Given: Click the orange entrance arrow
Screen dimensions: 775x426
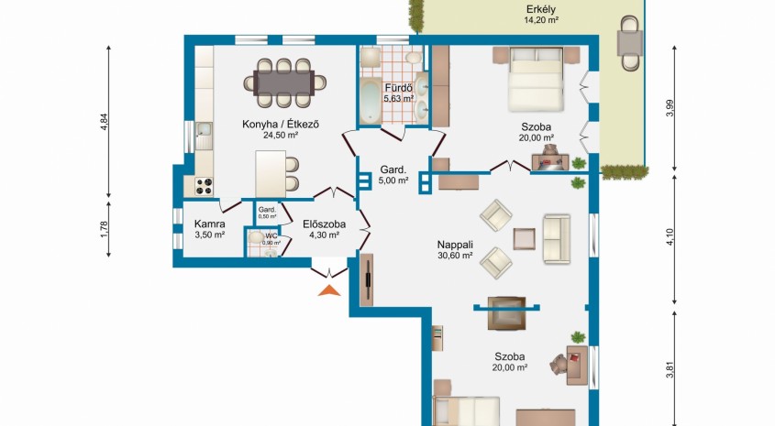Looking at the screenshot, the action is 329,290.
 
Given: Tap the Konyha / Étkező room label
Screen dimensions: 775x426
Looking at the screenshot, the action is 281,124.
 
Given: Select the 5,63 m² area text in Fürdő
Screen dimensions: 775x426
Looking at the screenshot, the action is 399,98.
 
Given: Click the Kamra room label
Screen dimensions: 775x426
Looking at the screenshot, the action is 209,224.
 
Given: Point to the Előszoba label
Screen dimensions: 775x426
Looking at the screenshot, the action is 325,224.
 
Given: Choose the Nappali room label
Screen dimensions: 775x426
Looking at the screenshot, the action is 455,245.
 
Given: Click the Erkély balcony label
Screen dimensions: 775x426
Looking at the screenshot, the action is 541,9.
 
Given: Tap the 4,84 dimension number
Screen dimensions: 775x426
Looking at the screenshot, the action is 104,122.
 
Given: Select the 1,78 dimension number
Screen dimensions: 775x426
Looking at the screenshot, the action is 104,229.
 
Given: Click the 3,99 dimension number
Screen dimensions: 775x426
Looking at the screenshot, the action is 670,108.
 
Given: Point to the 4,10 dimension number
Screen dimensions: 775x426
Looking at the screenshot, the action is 670,237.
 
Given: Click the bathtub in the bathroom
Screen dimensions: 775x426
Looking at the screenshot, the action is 371,103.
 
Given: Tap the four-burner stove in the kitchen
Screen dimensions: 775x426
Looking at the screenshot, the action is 204,186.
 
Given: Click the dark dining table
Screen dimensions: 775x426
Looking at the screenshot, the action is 284,82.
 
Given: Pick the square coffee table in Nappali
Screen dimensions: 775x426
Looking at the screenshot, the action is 524,239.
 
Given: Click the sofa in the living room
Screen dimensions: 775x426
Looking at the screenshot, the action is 557,239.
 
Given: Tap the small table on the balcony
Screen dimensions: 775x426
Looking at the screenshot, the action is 630,43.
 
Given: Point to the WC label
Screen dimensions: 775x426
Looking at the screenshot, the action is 271,236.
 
